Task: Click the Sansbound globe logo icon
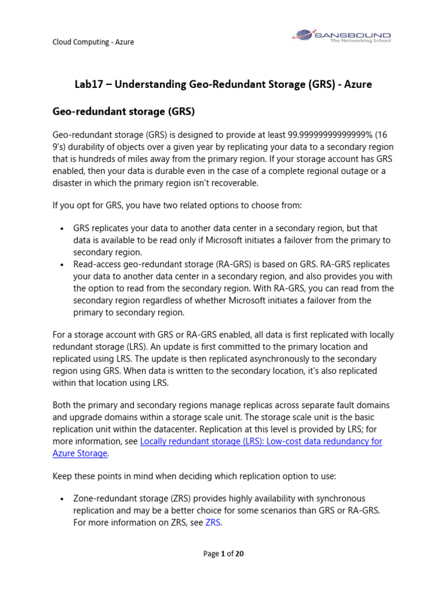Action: point(303,36)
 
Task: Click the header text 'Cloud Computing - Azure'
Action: point(93,42)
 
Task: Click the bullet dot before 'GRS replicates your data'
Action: point(62,229)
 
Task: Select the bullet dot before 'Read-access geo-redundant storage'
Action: point(62,265)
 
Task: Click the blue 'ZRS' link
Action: point(213,522)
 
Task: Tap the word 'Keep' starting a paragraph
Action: point(63,476)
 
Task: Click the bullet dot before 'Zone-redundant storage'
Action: point(62,499)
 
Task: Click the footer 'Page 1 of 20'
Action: point(223,554)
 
